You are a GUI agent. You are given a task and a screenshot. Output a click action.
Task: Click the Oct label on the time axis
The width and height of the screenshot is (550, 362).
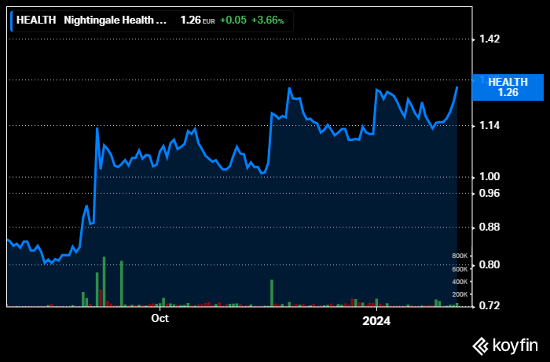click(159, 319)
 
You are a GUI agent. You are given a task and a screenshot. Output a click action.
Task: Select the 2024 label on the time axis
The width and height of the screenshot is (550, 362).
click(376, 320)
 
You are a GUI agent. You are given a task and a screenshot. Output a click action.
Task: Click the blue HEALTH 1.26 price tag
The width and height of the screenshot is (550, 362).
click(508, 87)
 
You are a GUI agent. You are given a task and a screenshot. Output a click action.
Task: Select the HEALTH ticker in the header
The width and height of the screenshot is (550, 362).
click(36, 20)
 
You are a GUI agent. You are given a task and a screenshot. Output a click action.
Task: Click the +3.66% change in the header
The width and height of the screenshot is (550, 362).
click(268, 20)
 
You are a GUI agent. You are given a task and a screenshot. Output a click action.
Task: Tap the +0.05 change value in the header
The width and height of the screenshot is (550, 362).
click(232, 20)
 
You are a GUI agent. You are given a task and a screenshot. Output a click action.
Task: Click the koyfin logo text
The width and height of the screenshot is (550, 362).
click(515, 345)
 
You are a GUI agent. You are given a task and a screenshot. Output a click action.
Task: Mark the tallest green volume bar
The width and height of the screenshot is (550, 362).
click(104, 281)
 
